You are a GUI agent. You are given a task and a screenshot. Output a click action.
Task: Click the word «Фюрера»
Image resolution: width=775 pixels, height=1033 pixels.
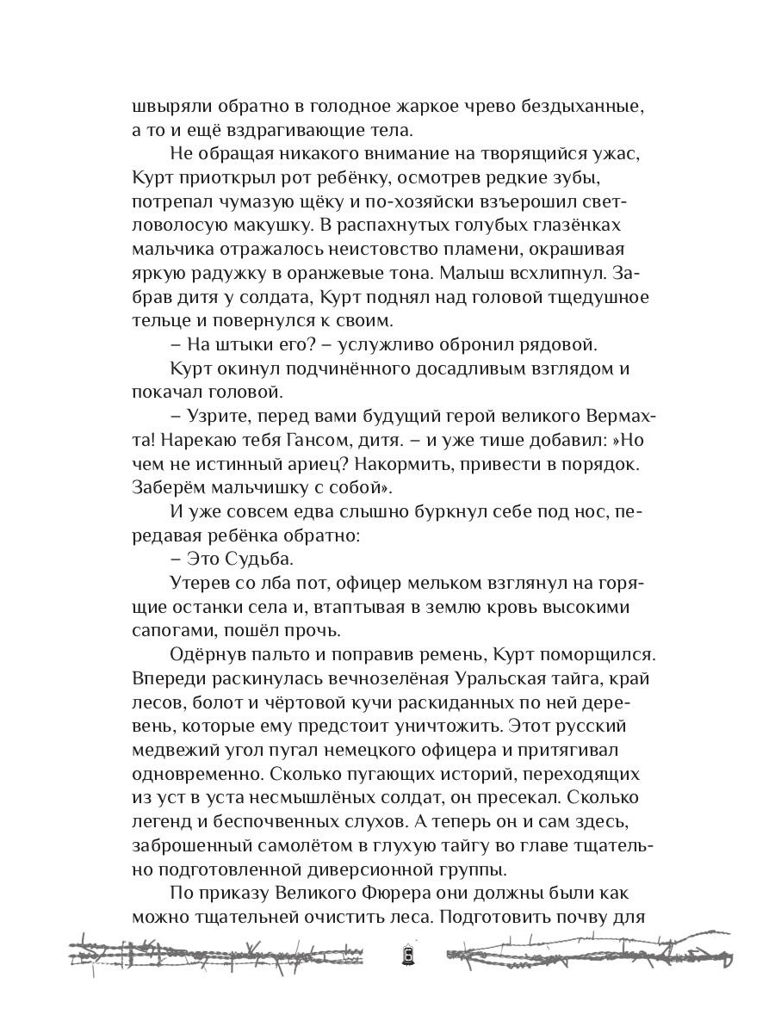410,894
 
